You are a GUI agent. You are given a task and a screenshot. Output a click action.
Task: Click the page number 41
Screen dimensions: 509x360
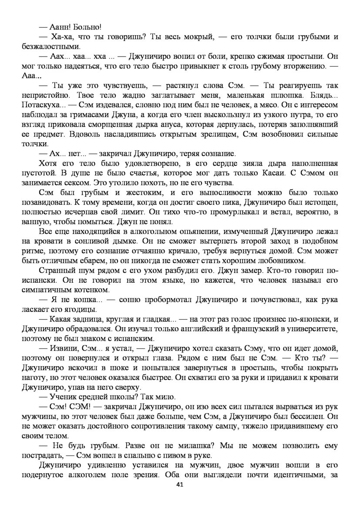pyautogui.click(x=179, y=485)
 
